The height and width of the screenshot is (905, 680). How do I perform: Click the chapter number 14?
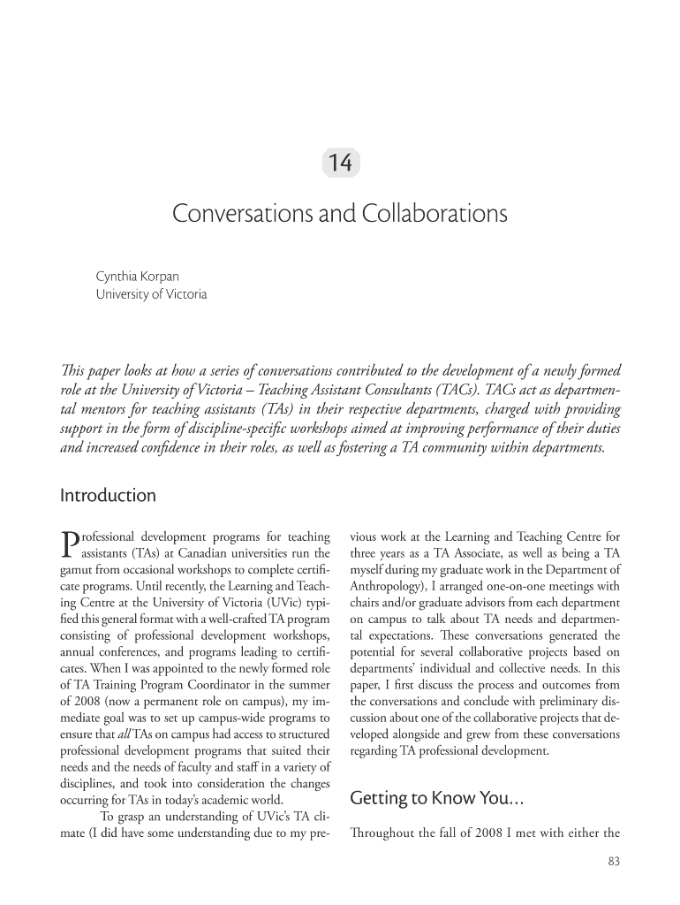tap(340, 164)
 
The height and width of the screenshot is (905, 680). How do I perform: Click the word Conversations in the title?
tap(231, 215)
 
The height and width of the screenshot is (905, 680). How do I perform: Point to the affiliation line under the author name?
tap(151, 294)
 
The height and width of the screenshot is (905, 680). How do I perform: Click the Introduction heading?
tap(108, 496)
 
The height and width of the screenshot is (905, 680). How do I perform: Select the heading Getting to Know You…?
tap(438, 800)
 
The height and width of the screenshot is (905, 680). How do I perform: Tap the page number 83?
tap(613, 863)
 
